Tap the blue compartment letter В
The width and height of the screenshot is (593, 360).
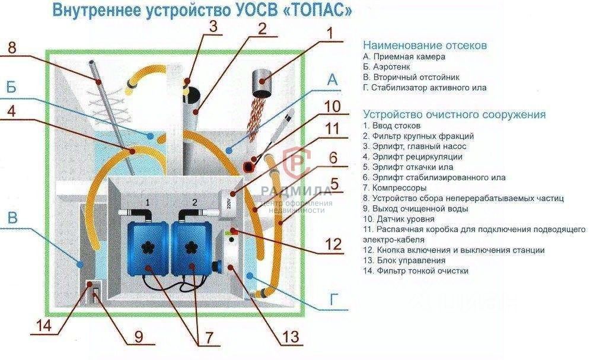11,218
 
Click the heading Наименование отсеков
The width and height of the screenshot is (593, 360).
425,45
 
